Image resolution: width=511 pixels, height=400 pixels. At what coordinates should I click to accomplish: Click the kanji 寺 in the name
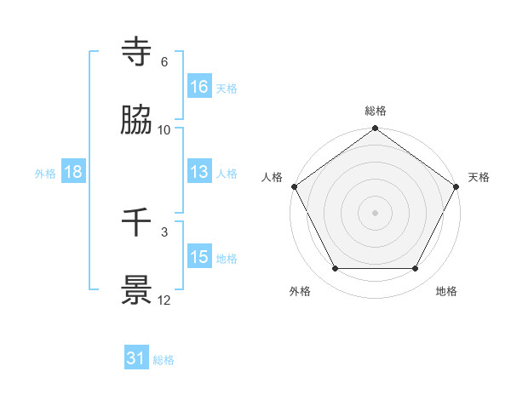137,52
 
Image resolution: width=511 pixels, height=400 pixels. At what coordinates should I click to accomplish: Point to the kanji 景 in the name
137,290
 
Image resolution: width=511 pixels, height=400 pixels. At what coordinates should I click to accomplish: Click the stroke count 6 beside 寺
164,62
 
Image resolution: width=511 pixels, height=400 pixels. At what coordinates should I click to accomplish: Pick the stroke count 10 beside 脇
164,130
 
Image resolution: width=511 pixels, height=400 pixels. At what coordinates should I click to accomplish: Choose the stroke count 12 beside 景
164,300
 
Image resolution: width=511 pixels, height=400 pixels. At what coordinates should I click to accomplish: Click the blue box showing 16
199,87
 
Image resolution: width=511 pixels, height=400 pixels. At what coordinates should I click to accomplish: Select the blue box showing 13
199,172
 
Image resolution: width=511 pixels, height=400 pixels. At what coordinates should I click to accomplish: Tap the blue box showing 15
199,257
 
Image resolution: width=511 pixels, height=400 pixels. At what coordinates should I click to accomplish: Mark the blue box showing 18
73,172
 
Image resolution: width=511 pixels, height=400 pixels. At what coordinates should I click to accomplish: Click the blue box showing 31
136,359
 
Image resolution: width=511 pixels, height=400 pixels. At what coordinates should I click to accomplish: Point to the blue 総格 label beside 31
164,360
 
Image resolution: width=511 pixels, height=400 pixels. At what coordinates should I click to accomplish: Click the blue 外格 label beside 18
45,173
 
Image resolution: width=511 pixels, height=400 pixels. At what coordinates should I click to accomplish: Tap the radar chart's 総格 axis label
376,111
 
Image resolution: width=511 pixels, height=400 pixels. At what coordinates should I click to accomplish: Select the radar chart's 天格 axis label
479,177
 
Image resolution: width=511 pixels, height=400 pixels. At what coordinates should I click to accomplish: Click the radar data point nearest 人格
294,186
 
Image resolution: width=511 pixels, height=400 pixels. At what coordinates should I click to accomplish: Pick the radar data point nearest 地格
416,269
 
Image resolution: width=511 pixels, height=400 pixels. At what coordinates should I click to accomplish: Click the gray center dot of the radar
376,213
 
